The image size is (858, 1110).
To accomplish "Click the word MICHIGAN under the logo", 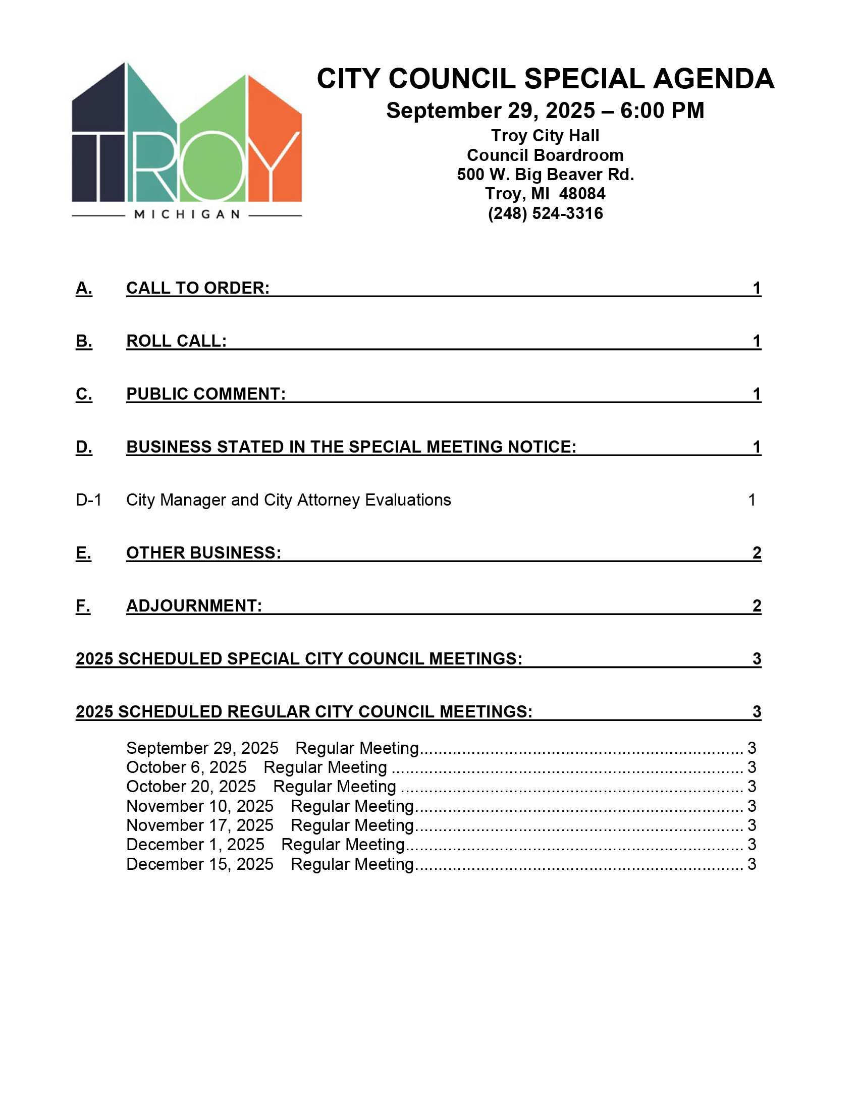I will (187, 214).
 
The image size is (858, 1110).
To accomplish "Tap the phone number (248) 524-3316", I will (545, 213).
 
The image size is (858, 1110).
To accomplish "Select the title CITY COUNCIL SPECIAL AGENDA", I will (545, 79).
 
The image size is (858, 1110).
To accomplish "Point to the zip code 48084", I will (582, 194).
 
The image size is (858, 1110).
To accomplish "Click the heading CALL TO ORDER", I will (198, 288).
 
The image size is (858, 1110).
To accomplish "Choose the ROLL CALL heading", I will (176, 341).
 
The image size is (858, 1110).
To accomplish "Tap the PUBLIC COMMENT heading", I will (206, 394).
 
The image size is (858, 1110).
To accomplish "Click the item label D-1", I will (88, 500).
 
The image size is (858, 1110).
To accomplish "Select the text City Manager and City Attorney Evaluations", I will (288, 500).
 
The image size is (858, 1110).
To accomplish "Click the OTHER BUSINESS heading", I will (203, 553).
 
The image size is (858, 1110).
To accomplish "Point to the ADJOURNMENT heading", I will (194, 606).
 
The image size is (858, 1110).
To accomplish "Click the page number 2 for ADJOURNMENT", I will (757, 606).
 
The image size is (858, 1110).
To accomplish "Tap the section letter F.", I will (83, 606).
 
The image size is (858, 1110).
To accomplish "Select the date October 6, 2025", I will (186, 767).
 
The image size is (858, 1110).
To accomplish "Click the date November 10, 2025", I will (200, 806).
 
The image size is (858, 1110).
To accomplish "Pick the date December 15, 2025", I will (200, 864).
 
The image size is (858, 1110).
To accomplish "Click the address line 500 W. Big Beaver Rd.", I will (545, 175).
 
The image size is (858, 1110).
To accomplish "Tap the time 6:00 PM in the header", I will (662, 111).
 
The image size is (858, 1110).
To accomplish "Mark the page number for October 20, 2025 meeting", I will (752, 787).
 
